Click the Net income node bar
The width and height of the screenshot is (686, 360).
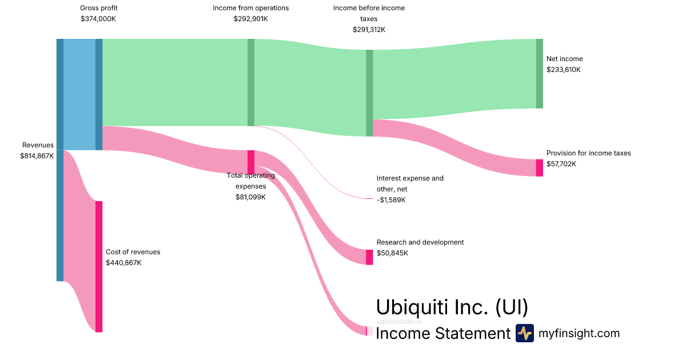click(539, 73)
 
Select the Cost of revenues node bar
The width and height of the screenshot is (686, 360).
click(99, 266)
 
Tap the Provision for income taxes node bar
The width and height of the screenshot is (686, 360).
click(539, 167)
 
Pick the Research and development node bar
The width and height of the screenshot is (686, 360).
click(369, 257)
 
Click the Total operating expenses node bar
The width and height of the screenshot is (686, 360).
click(250, 162)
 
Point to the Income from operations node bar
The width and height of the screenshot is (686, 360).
click(250, 82)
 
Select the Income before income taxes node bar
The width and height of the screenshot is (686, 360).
click(369, 93)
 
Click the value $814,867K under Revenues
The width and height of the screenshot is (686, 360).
click(37, 155)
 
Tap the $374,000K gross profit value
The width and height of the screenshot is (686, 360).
click(98, 19)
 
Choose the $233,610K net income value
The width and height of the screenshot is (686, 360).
click(564, 70)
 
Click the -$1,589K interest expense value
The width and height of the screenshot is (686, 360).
click(391, 200)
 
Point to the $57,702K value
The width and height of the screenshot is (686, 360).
click(561, 164)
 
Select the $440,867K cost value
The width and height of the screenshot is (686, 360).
click(123, 263)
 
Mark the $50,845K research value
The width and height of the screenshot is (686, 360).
click(392, 253)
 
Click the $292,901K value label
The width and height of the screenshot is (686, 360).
click(250, 19)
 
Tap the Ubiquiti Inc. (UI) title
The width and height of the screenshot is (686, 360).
click(452, 307)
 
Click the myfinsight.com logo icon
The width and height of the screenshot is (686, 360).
click(524, 333)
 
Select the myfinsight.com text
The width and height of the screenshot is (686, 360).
click(579, 333)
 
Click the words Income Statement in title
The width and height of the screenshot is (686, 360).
click(443, 333)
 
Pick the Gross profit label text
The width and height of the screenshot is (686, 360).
click(98, 8)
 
